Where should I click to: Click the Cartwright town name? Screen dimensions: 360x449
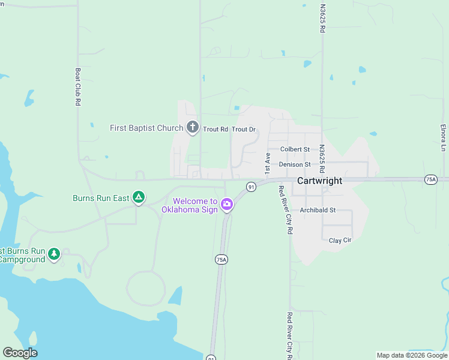[x=320, y=181]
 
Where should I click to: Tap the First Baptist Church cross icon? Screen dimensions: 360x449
[x=192, y=127]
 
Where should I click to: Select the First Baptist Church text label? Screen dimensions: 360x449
[x=146, y=128]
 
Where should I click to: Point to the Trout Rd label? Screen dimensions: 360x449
[x=215, y=130]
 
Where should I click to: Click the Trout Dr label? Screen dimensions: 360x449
[x=244, y=130]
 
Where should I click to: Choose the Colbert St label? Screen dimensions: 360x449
[x=295, y=149]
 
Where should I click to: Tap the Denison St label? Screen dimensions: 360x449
[x=294, y=164]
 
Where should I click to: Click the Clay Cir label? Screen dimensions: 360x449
[x=340, y=241]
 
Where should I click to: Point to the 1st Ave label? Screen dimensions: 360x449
[x=267, y=160]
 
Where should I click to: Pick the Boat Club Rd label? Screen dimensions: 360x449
[x=78, y=86]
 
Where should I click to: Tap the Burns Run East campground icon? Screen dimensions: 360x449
[x=139, y=197]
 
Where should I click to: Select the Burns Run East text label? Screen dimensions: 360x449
[x=101, y=197]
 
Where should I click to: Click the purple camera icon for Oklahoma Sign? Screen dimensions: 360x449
[x=227, y=205]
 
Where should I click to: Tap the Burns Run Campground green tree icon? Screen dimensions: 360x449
[x=55, y=254]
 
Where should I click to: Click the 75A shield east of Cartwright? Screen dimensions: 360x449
[x=430, y=179]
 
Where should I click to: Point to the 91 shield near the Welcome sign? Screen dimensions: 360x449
[x=251, y=187]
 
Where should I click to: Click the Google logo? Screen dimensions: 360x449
[x=20, y=353]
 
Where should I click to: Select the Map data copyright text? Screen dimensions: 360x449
[x=411, y=355]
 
